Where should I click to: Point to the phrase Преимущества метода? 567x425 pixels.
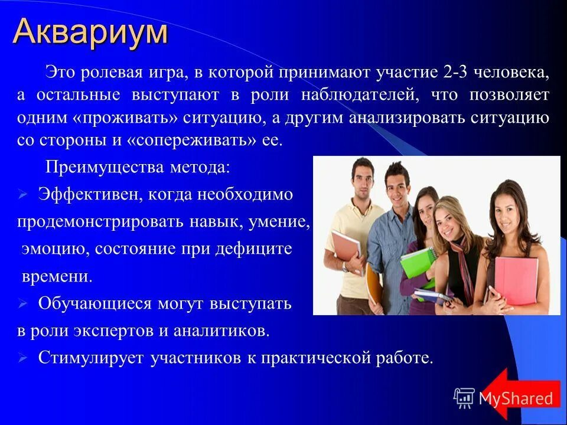[138, 168]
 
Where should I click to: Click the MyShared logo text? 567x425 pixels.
[516, 398]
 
